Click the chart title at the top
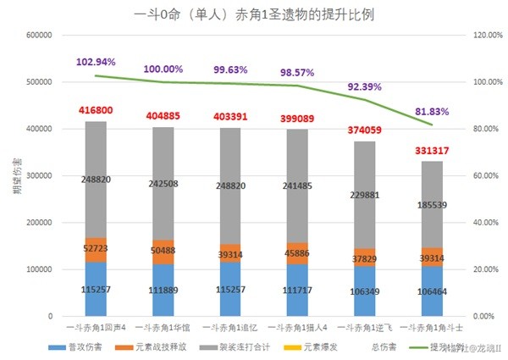pos(254,15)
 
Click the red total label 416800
pos(108,110)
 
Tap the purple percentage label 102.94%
pos(96,63)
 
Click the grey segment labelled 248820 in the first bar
pos(108,180)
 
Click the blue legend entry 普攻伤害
pos(80,347)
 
